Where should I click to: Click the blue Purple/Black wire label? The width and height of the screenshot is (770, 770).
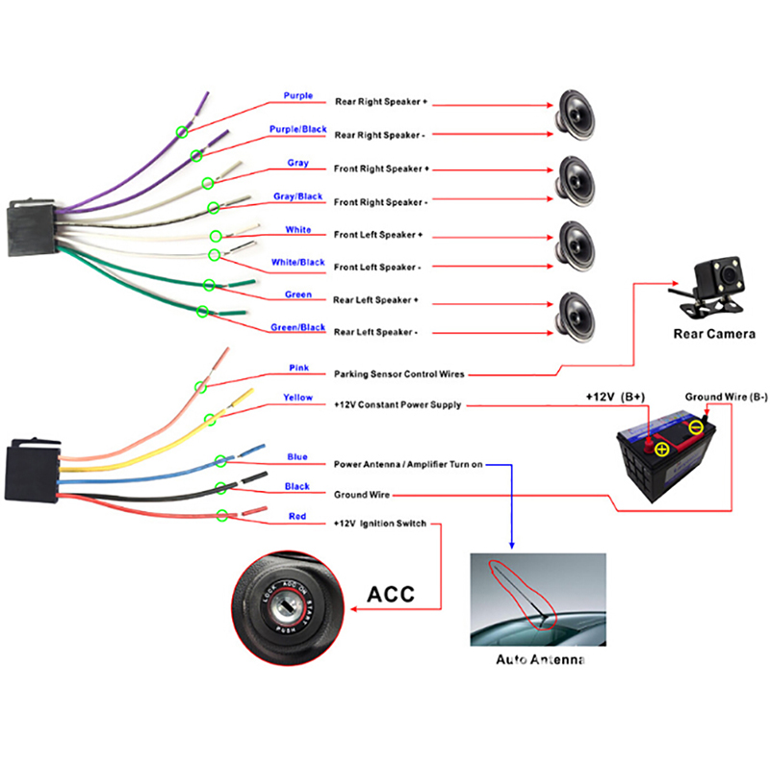click(x=297, y=130)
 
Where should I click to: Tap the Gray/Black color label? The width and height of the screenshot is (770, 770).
click(x=297, y=196)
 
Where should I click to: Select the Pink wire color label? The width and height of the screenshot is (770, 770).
click(x=297, y=368)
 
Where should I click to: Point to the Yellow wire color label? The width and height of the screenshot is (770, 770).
click(x=297, y=398)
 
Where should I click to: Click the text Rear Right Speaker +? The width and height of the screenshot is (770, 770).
click(x=381, y=101)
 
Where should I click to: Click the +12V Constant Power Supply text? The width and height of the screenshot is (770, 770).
click(x=398, y=405)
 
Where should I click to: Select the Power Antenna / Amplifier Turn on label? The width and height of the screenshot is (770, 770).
click(x=409, y=464)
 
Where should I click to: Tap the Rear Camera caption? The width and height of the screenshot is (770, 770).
click(x=714, y=334)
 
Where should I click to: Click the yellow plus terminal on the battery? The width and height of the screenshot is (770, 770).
click(x=660, y=447)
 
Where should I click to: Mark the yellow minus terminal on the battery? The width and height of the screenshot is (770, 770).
click(x=696, y=425)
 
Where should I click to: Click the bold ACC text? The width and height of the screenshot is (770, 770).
click(x=392, y=594)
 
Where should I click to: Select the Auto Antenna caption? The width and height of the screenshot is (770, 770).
click(x=540, y=660)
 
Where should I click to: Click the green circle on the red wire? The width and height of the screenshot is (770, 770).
click(x=223, y=516)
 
